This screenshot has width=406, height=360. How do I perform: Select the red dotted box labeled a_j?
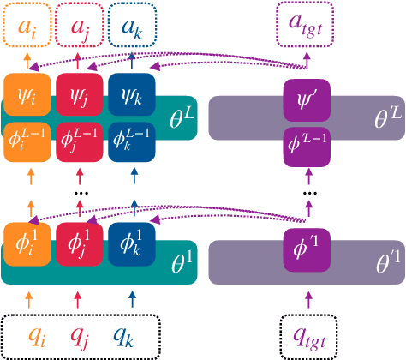point(79,26)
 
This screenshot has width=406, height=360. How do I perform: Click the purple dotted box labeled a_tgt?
point(307,26)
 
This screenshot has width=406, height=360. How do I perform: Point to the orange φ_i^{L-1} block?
point(28,141)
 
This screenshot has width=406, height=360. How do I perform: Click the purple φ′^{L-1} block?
point(307,145)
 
